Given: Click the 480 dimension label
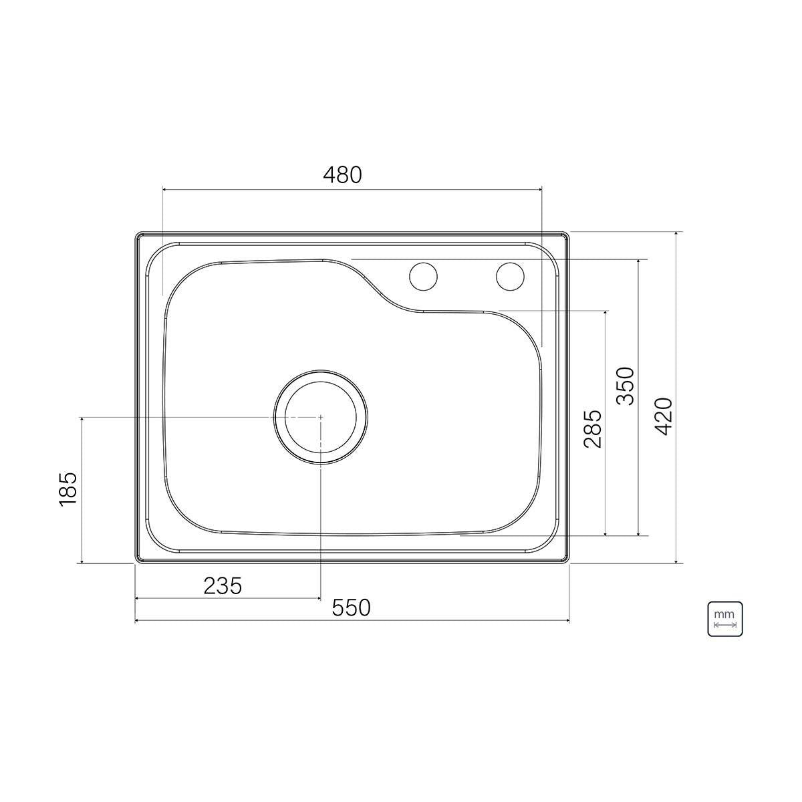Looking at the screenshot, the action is pos(343,175).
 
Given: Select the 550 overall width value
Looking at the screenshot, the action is pos(351,608).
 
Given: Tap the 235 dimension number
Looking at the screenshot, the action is pos(223,586).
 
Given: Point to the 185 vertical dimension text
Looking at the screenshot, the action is pos(69,488).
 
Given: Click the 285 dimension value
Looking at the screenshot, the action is pos(593,429).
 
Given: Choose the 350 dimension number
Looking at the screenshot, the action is pos(625,386).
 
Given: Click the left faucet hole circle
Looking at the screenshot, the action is pos(423,276).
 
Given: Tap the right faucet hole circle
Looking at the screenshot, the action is pos(510,276).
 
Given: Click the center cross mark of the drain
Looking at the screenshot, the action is pos(321,417).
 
